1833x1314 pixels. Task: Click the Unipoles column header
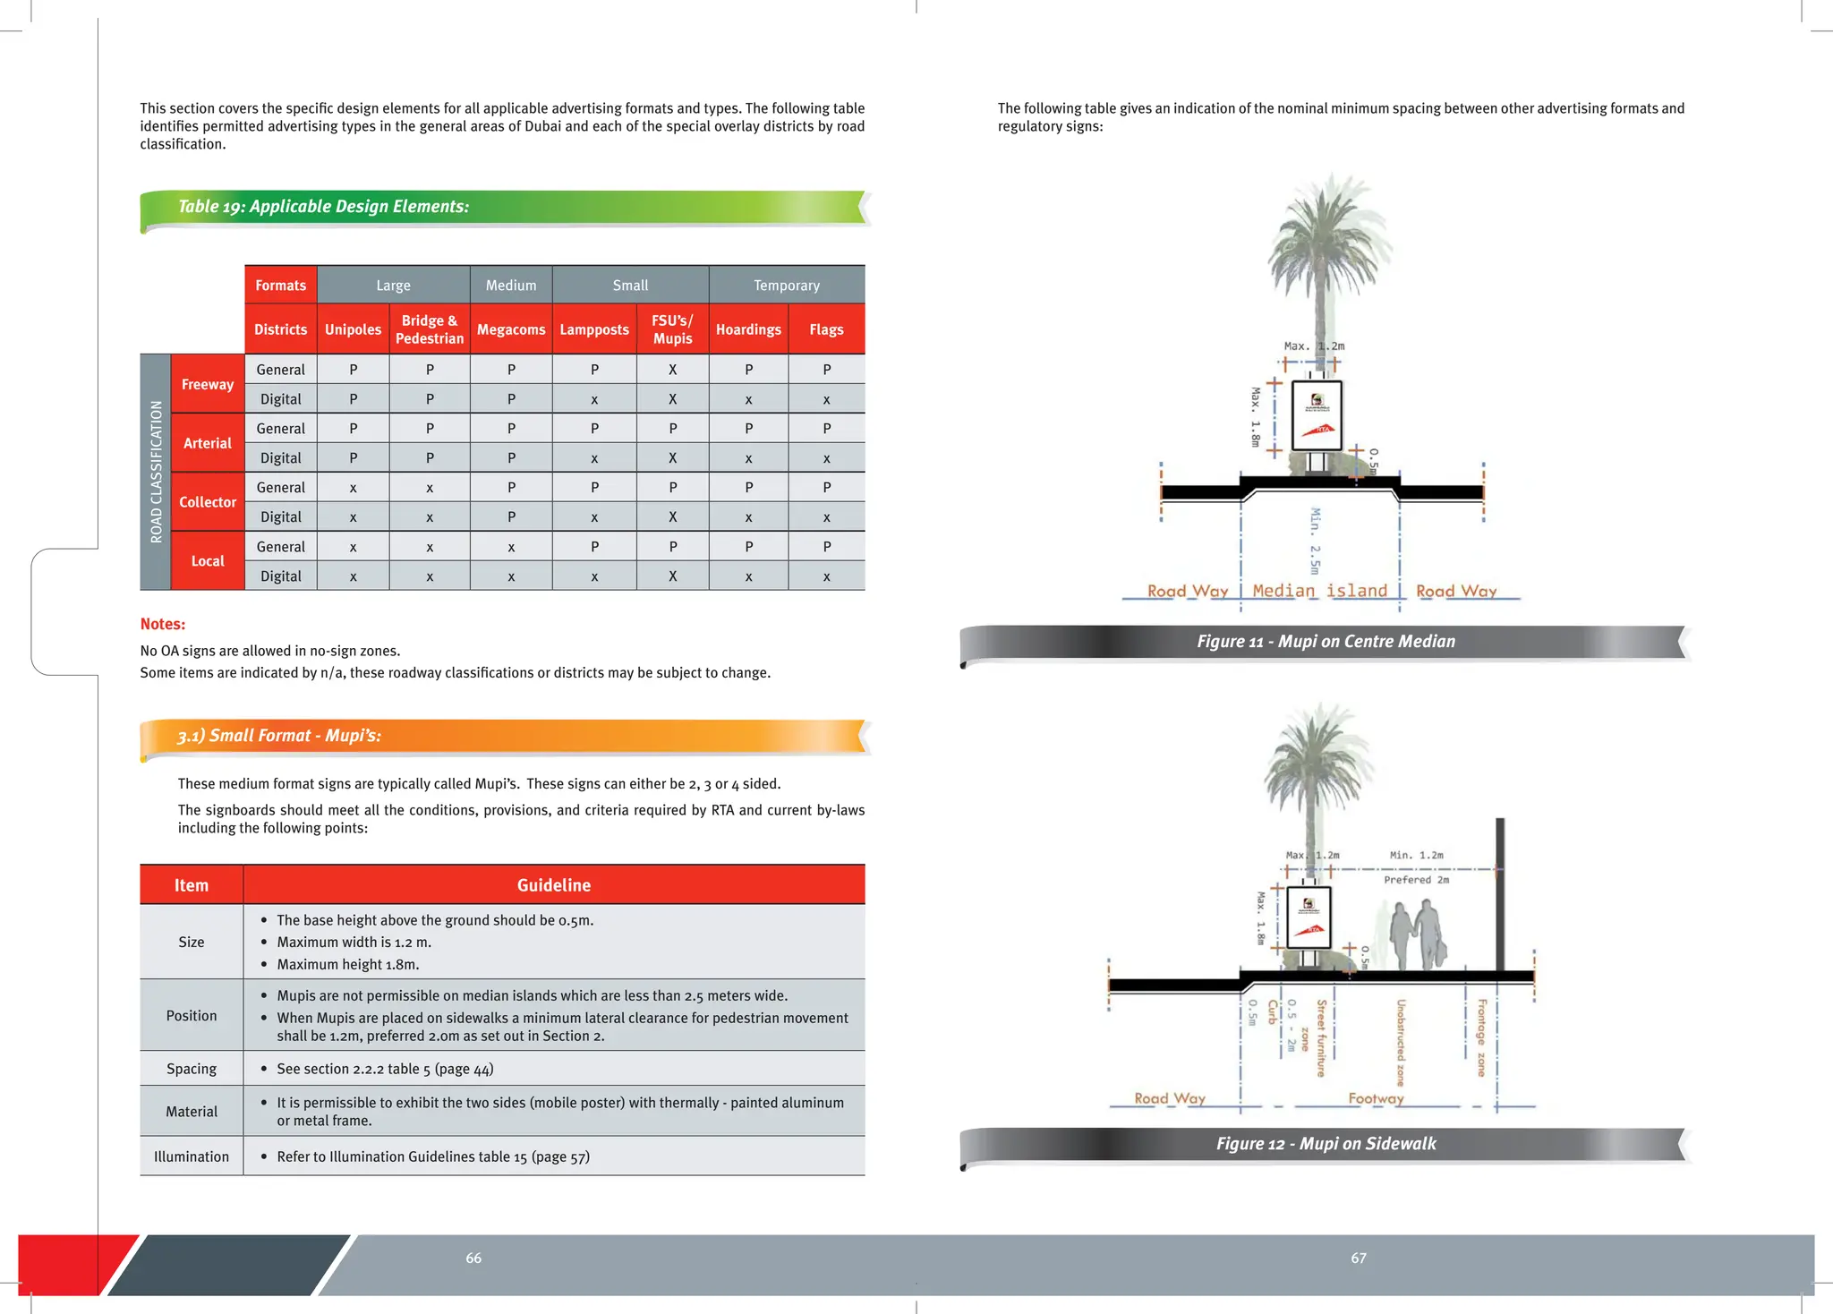[x=353, y=329]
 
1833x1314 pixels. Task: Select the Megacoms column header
[x=511, y=329]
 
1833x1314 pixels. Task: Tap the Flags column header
[x=826, y=329]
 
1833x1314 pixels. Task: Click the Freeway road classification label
[x=208, y=384]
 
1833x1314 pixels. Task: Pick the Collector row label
[x=208, y=502]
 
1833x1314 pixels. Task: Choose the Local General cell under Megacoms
[x=511, y=547]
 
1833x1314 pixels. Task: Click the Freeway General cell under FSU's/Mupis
[x=672, y=370]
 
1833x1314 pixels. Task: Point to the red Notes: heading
[x=163, y=624]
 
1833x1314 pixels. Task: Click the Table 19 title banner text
[x=323, y=207]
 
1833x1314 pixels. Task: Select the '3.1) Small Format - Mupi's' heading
[x=279, y=736]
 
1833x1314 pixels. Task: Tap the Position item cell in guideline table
[x=192, y=1016]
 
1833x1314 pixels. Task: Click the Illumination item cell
[x=192, y=1156]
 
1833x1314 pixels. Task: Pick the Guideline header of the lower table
[x=554, y=885]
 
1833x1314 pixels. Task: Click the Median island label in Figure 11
[x=1319, y=591]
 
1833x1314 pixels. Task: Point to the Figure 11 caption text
[x=1326, y=641]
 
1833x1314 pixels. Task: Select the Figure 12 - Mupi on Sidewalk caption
[x=1326, y=1143]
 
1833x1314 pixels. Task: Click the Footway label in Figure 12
[x=1376, y=1098]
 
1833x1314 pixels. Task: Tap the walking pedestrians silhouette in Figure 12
[x=1417, y=935]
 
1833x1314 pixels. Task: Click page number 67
[x=1358, y=1259]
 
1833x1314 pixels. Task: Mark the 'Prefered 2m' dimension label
[x=1416, y=880]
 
